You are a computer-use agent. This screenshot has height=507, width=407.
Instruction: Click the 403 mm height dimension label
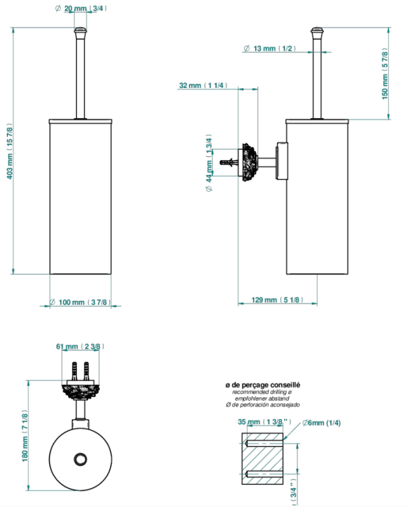pos(9,151)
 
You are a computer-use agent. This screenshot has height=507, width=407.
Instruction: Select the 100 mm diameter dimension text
pos(80,302)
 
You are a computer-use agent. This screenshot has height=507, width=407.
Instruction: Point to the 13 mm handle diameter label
pos(269,49)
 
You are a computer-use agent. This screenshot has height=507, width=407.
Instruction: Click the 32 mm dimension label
pos(203,85)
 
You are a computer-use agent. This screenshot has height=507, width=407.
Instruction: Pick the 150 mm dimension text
pos(385,74)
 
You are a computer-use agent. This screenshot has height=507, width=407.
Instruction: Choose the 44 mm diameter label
pos(209,163)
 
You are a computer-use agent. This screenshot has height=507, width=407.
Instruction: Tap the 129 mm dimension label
pos(277,299)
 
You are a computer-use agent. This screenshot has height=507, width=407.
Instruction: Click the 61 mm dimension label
pos(80,346)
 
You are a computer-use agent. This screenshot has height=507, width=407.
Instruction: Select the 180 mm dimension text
pos(25,436)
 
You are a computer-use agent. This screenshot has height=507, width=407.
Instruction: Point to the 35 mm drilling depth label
pos(264,422)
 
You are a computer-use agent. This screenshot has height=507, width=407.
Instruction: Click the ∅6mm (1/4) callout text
pos(321,422)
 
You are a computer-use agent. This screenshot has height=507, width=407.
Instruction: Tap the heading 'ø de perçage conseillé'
pos(263,385)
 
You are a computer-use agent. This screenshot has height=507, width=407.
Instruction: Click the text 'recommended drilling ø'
pos(262,392)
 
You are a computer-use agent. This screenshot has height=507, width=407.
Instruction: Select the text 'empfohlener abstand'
pos(262,398)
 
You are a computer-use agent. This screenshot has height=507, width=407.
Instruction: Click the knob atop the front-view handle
pos(80,32)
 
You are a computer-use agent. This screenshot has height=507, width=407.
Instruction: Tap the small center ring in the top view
pos(80,459)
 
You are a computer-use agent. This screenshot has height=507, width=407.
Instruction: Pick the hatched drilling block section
pos(262,458)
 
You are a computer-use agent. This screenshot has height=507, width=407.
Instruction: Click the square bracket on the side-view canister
pos(281,160)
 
